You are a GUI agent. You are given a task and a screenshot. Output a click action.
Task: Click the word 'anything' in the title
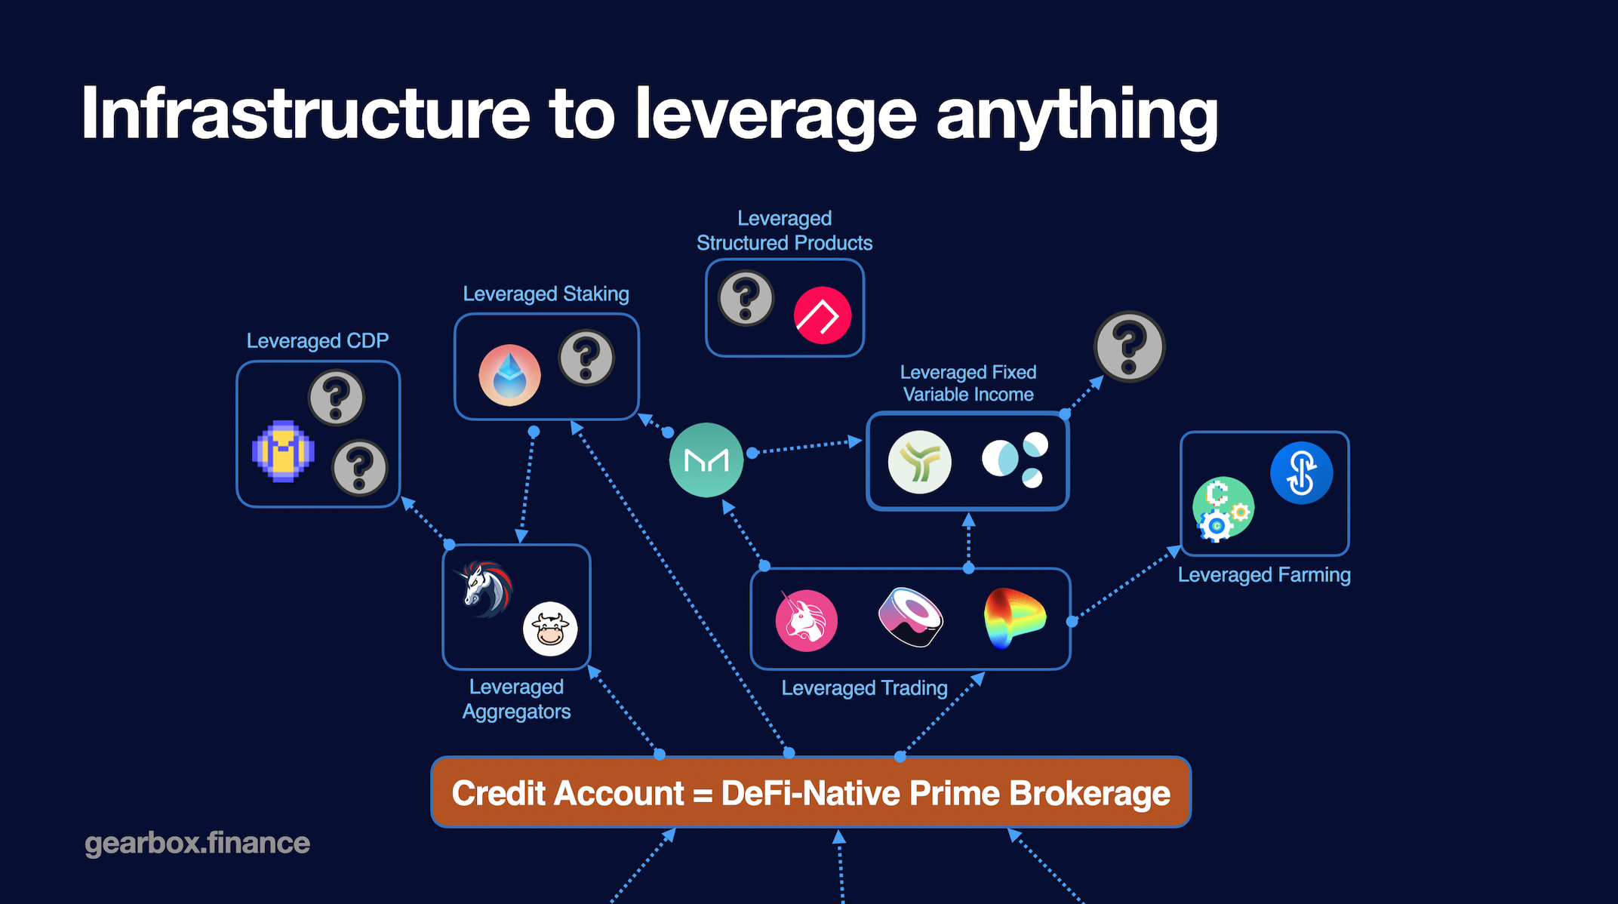(1077, 115)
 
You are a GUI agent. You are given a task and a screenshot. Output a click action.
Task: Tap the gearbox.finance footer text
(197, 843)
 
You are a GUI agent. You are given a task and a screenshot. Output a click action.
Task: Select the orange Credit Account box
(811, 793)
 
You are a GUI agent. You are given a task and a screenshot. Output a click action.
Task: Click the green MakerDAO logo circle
(706, 460)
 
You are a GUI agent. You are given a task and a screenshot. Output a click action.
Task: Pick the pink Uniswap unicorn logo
(806, 620)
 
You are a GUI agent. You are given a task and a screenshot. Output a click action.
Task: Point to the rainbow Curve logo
(1014, 618)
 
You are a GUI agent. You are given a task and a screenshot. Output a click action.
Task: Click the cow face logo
(550, 629)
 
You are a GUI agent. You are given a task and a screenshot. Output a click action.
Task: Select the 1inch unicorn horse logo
(486, 587)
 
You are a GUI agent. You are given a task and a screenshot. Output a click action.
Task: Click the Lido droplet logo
(509, 375)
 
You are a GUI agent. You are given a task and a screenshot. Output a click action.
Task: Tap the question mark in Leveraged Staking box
(586, 358)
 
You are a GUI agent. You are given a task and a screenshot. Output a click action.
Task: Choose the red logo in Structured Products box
(823, 315)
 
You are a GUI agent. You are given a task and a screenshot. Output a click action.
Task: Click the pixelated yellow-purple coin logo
(283, 450)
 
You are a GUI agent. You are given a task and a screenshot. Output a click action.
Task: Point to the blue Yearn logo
(1301, 473)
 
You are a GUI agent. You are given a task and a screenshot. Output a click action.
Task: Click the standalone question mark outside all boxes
(1129, 347)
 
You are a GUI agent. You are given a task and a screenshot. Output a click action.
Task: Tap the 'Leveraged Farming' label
(1264, 575)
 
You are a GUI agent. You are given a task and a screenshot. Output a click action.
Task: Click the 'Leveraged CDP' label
(318, 341)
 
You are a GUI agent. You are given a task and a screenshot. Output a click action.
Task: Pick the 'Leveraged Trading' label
(864, 688)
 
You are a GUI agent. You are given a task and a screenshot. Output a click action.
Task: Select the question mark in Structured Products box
(746, 298)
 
